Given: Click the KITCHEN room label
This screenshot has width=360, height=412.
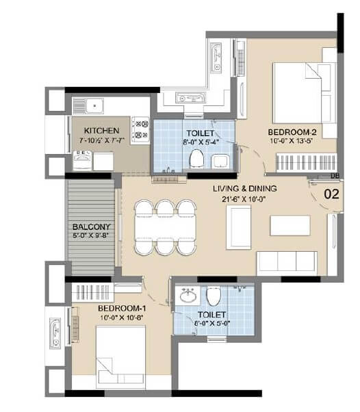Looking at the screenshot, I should pos(101,130).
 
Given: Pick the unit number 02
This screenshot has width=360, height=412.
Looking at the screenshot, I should pos(331,194).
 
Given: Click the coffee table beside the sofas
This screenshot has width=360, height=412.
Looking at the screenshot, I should pos(290,225).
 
